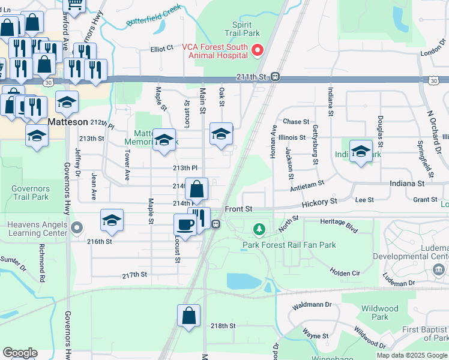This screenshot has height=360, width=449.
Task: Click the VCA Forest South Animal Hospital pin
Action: click(258, 49)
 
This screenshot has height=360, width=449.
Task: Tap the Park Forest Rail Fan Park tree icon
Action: click(259, 229)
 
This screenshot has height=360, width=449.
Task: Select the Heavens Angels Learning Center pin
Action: click(76, 228)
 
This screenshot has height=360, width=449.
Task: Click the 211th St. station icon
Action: click(275, 77)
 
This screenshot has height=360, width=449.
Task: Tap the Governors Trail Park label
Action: click(30, 192)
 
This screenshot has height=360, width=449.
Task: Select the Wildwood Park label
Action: click(380, 313)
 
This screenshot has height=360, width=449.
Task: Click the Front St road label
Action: click(239, 208)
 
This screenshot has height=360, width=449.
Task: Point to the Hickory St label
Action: click(321, 203)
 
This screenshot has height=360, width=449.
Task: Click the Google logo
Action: click(20, 353)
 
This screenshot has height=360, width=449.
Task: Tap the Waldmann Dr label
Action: click(312, 305)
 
